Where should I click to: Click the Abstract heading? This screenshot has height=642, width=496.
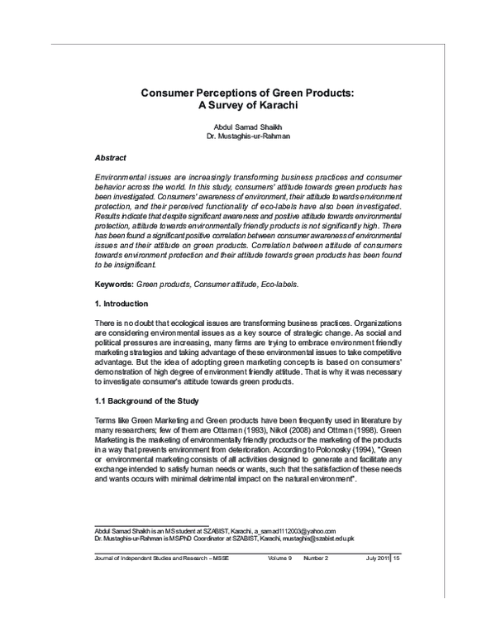[111, 156]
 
